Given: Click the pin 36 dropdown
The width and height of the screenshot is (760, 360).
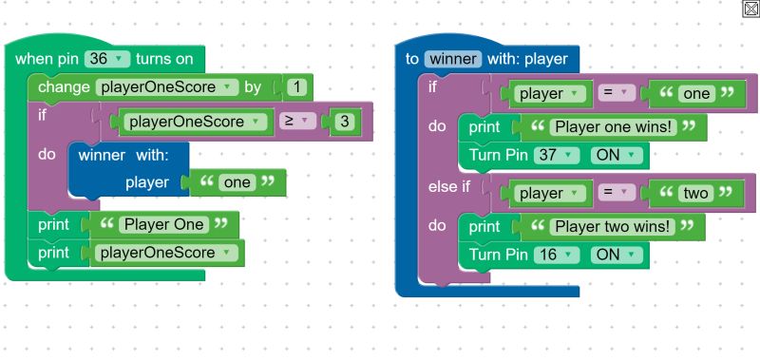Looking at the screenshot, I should click(107, 59).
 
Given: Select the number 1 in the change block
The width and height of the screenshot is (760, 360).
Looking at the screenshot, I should click(296, 88).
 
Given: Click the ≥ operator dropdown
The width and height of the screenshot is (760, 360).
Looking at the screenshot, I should click(298, 122).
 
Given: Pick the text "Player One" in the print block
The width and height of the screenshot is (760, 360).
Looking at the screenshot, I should click(163, 225).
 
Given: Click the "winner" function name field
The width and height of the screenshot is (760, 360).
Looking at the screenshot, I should click(453, 59).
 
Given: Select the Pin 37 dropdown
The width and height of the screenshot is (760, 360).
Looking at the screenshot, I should click(556, 154).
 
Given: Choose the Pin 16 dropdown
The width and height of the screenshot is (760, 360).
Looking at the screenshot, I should click(556, 255).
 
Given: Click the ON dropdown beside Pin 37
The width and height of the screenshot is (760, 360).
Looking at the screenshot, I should click(617, 154).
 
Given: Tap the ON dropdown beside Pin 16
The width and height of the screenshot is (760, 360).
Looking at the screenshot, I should click(617, 255).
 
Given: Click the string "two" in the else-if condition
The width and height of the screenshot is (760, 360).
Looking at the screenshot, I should click(696, 194).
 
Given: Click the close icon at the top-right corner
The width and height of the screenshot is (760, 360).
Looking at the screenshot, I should click(750, 9).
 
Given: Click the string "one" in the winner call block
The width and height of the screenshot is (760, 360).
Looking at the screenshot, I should click(237, 182).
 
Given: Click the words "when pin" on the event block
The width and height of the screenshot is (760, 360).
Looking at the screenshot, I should click(47, 59).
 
